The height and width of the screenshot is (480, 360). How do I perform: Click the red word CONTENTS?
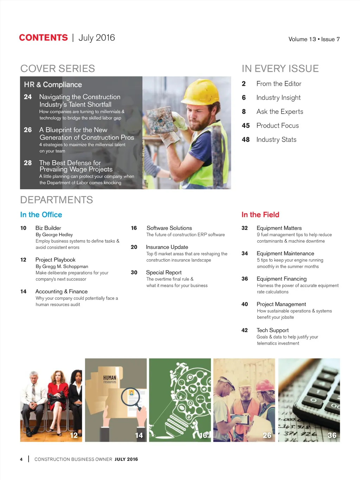pyautogui.click(x=43, y=38)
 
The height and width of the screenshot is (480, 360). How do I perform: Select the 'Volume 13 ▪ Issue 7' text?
pyautogui.click(x=314, y=39)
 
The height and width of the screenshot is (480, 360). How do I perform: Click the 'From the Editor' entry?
pyautogui.click(x=279, y=84)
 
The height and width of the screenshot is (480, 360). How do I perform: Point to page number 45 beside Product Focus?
pyautogui.click(x=246, y=126)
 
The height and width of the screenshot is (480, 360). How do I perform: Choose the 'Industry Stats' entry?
pyautogui.click(x=276, y=140)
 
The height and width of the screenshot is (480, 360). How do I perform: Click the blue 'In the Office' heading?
pyautogui.click(x=41, y=215)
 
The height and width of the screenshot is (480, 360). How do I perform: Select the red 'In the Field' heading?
pyautogui.click(x=260, y=215)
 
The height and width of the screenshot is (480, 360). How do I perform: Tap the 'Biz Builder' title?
pyautogui.click(x=48, y=228)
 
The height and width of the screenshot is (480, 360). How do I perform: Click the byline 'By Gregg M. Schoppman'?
pyautogui.click(x=62, y=266)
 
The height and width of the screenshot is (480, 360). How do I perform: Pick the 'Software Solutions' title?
pyautogui.click(x=169, y=228)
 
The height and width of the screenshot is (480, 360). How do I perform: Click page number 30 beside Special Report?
pyautogui.click(x=134, y=273)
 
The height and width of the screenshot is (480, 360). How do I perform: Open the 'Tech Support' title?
pyautogui.click(x=272, y=330)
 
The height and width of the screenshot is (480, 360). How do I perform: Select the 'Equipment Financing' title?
pyautogui.click(x=282, y=279)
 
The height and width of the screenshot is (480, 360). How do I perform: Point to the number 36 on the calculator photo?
pyautogui.click(x=332, y=435)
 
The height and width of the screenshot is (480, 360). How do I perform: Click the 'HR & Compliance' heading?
pyautogui.click(x=53, y=84)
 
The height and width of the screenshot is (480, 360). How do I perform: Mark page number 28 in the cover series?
pyautogui.click(x=28, y=163)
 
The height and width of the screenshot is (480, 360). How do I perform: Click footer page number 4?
pyautogui.click(x=21, y=459)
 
